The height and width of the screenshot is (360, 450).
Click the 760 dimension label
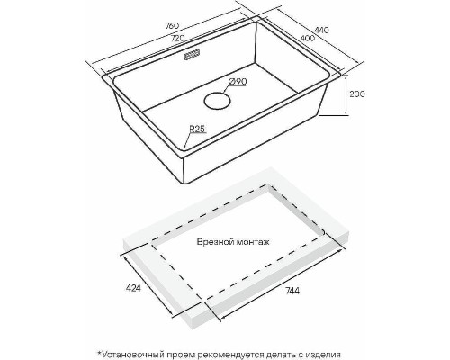tap(172, 25)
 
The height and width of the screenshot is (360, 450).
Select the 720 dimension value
tap(177, 39)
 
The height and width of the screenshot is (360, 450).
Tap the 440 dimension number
tap(322, 30)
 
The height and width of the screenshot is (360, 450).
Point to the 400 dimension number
tap(308, 39)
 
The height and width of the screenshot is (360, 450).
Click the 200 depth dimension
tap(357, 94)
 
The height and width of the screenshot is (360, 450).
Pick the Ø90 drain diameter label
tap(238, 81)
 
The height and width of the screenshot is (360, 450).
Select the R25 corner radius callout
tap(197, 129)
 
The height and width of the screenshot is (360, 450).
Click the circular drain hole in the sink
tap(217, 101)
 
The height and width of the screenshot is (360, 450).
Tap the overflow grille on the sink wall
tap(192, 56)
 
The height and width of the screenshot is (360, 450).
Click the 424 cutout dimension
tap(133, 288)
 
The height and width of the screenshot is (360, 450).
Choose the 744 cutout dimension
tap(292, 291)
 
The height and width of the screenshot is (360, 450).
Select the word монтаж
tap(253, 242)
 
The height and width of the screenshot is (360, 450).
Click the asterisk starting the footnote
tap(98, 353)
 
